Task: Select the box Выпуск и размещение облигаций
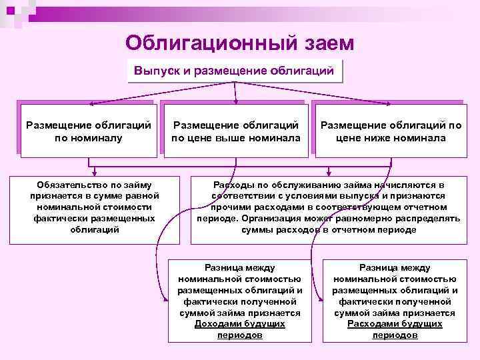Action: point(234,70)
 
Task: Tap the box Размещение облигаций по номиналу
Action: point(87,131)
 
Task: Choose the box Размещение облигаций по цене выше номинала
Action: point(235,131)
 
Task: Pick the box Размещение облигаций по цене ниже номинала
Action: point(391,131)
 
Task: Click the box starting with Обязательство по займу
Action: point(94,207)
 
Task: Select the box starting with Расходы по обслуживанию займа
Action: point(328,207)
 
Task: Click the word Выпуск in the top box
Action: point(155,70)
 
